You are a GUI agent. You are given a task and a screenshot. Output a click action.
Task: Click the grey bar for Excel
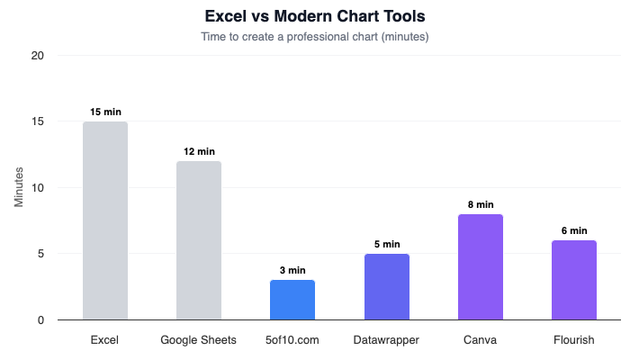(x=105, y=220)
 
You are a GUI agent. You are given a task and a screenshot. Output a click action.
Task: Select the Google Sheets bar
(x=199, y=240)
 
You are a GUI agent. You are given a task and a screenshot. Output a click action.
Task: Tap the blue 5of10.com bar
(x=292, y=300)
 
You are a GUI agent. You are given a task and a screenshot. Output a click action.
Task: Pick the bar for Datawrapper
(x=386, y=286)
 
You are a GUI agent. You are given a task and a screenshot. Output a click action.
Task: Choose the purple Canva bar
(x=481, y=266)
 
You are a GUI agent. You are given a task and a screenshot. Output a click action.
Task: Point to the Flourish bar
(x=574, y=280)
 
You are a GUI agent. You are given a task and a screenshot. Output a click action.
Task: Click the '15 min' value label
(x=105, y=112)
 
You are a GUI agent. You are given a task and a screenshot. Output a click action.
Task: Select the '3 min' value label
(x=292, y=270)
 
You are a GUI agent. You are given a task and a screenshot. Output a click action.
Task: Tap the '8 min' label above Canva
(x=481, y=204)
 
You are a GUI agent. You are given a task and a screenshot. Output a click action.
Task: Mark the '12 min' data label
(x=199, y=151)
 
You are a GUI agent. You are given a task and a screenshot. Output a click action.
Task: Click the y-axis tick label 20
(x=38, y=56)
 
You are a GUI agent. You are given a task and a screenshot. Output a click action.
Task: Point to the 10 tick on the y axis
(x=38, y=188)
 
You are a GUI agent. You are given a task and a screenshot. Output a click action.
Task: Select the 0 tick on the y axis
(x=40, y=319)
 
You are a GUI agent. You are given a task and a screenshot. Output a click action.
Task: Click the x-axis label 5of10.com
(x=292, y=340)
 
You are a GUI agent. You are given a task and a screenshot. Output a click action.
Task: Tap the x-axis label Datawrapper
(x=386, y=340)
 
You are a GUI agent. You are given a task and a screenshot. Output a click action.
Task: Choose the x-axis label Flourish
(x=574, y=340)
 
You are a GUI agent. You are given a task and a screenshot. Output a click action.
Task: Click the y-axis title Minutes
(x=19, y=187)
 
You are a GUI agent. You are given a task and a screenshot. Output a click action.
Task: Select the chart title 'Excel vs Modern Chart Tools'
(x=315, y=16)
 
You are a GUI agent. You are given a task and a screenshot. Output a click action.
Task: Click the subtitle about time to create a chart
(x=315, y=37)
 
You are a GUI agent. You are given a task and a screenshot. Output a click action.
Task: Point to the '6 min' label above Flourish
(x=574, y=230)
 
